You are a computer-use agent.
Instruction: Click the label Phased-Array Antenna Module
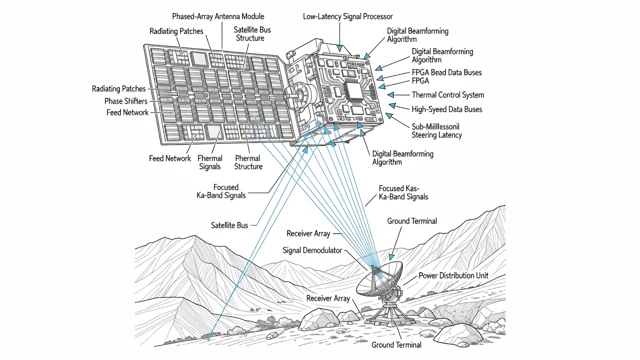coord(218,16)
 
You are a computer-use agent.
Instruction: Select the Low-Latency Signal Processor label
coord(347,16)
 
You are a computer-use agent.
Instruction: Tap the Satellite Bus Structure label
coord(251,34)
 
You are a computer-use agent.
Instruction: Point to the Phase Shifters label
coord(126,101)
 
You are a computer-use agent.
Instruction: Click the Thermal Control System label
coord(447,95)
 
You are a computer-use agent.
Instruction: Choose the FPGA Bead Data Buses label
coord(446,72)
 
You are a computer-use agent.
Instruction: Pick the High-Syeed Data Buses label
coord(447,109)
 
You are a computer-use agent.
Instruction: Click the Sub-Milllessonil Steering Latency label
coord(436,131)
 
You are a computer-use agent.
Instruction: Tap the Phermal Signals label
coord(209,162)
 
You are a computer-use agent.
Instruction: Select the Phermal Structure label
coord(248,162)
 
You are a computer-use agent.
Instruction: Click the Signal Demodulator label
coord(312,250)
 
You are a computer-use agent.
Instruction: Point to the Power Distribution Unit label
coord(453,275)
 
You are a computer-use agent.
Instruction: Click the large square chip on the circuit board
coord(353,91)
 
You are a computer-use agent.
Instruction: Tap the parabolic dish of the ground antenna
coord(379,280)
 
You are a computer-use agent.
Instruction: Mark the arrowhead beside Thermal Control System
coord(391,94)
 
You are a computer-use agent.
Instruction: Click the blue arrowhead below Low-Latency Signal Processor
coord(339,48)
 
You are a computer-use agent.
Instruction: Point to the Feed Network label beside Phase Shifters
coord(127,112)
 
